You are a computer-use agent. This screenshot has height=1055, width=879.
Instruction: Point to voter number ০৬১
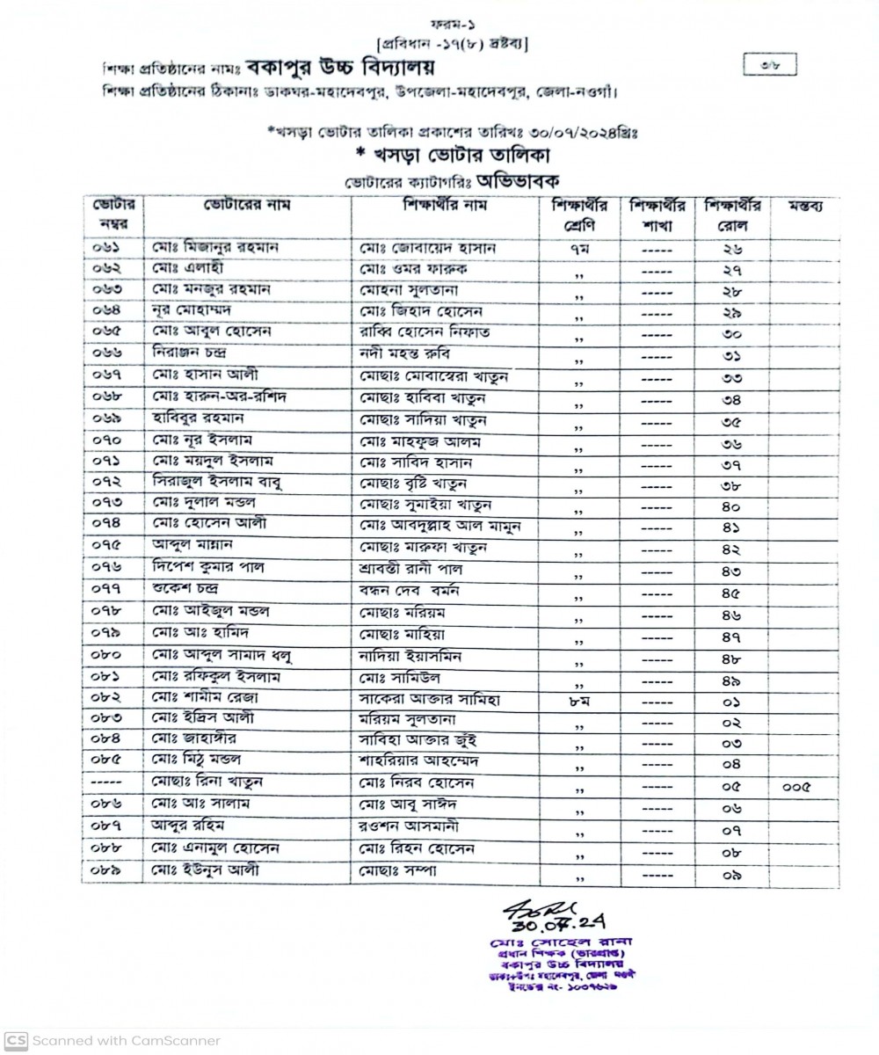111,248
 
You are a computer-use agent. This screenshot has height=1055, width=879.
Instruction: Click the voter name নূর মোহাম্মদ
194,311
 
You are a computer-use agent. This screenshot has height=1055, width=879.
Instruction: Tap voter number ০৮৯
111,869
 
